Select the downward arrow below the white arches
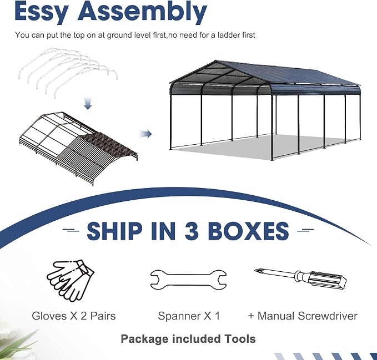[88, 103]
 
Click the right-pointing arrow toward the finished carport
[145, 134]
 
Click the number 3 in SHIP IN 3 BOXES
[192, 231]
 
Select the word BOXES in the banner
[248, 231]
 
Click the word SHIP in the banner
[114, 231]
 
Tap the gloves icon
[71, 281]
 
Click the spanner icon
[188, 280]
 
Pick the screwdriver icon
[300, 278]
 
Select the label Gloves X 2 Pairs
[74, 316]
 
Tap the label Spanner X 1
[189, 316]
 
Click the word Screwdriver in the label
[328, 316]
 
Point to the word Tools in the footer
[240, 339]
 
